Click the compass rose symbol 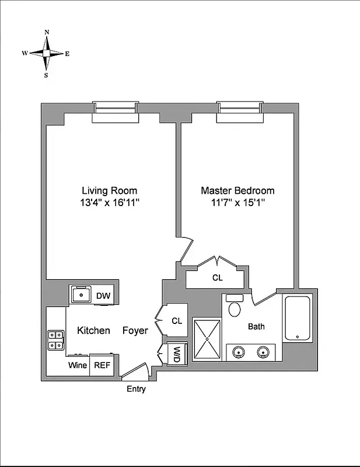pyautogui.click(x=46, y=53)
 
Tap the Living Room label pyautogui.click(x=109, y=190)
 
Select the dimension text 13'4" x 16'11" pyautogui.click(x=109, y=203)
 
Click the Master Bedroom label pyautogui.click(x=237, y=190)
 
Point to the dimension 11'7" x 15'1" pyautogui.click(x=237, y=203)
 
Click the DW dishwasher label pyautogui.click(x=103, y=296)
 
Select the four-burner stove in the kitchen pyautogui.click(x=56, y=340)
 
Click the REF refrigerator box pyautogui.click(x=102, y=365)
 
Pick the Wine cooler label pyautogui.click(x=78, y=365)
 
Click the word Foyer pyautogui.click(x=135, y=330)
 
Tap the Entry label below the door pyautogui.click(x=136, y=389)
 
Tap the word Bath pyautogui.click(x=256, y=326)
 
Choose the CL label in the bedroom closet pyautogui.click(x=217, y=278)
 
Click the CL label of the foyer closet pyautogui.click(x=177, y=320)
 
